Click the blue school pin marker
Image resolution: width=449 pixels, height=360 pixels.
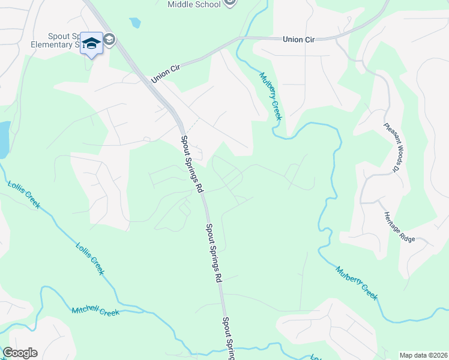coord(91,44)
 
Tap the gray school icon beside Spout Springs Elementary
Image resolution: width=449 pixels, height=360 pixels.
coord(109,40)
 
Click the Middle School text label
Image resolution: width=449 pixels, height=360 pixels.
coord(193,4)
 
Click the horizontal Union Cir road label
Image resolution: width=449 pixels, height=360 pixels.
coord(298,40)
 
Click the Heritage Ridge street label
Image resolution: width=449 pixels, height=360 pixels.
coord(399,227)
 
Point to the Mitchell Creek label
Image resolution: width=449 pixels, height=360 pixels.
coord(95,311)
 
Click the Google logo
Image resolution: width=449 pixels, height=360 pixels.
coord(20,353)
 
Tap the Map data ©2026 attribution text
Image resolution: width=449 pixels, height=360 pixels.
coord(423,355)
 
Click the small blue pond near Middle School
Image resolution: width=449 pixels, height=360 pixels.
coord(135,23)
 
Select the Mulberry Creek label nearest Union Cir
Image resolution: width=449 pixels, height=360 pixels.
coord(270,96)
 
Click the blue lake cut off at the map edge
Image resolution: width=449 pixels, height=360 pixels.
coord(4,137)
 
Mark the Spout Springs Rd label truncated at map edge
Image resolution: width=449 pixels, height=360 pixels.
coord(228,339)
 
